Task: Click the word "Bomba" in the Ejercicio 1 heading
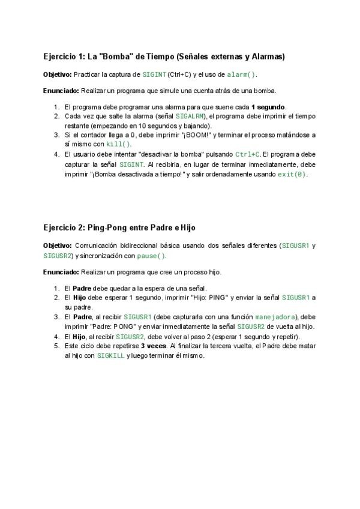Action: pos(115,57)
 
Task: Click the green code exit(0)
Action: pos(292,174)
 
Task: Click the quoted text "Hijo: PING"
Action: pos(175,298)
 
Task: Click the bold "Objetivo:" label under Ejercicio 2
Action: pos(57,245)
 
